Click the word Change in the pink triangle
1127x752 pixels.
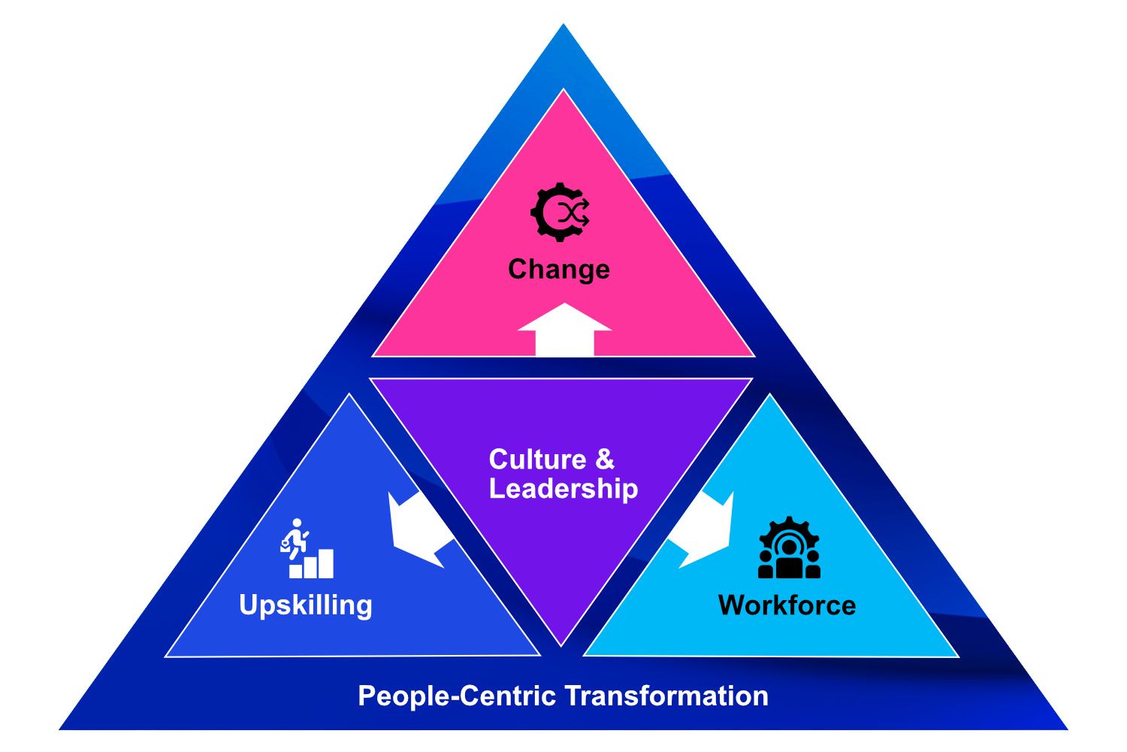tap(558, 269)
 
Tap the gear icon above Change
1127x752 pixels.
tap(560, 212)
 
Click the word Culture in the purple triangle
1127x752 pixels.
tap(537, 459)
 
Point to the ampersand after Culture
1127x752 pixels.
tap(605, 459)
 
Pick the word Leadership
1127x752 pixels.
tap(563, 489)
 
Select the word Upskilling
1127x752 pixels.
tap(306, 605)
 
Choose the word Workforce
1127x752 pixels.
tap(787, 605)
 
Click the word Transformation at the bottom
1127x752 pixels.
tap(666, 696)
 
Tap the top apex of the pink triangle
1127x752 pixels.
tap(563, 92)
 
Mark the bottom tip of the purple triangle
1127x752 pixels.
tap(561, 643)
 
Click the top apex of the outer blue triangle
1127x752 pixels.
tap(563, 27)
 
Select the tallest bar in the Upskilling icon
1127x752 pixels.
tap(326, 563)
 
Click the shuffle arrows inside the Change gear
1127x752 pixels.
tap(573, 213)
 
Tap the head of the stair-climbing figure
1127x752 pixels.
tap(298, 523)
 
